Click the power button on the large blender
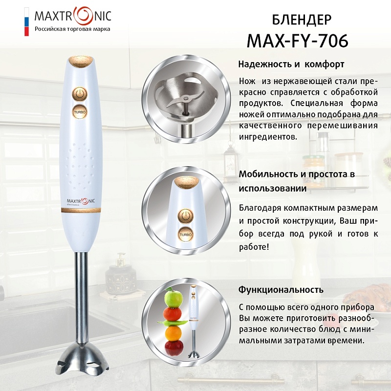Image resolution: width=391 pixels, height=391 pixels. [80, 94]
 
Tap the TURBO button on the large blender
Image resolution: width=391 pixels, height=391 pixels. [80, 112]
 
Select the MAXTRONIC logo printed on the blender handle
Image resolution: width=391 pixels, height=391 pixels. [79, 201]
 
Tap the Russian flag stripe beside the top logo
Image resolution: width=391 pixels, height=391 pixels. [26, 22]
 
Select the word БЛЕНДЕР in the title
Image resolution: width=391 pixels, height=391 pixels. [302, 20]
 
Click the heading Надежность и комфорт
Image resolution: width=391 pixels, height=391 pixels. [291, 65]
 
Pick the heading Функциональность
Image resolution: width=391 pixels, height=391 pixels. [281, 290]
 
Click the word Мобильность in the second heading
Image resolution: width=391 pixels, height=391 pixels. [268, 174]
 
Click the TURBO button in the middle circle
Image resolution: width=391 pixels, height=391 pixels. [186, 235]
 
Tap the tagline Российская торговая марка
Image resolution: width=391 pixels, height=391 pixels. [72, 29]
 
